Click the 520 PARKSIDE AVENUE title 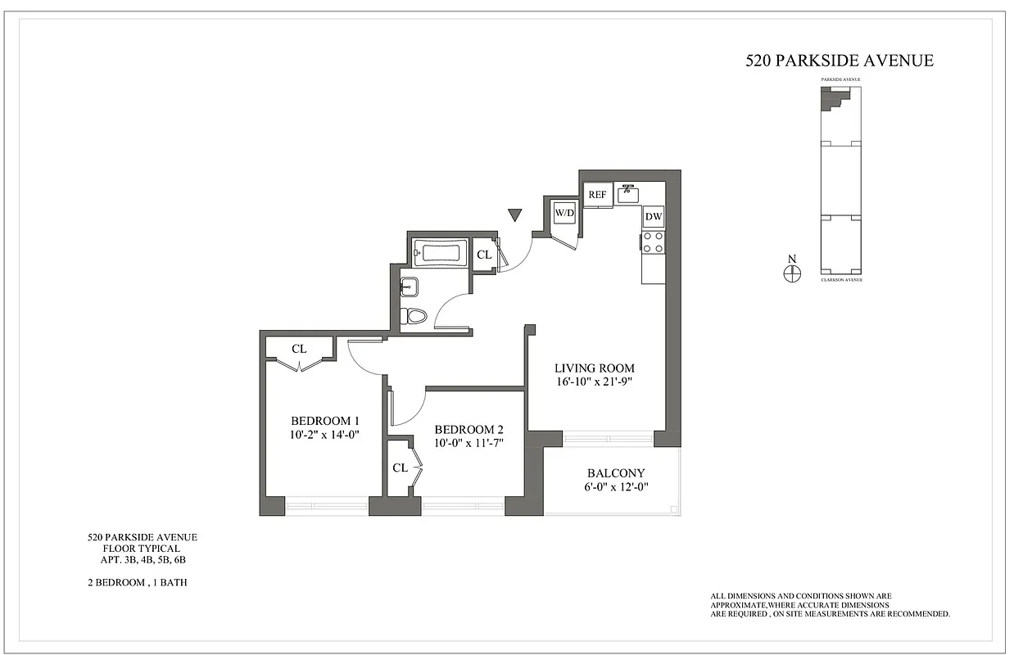(840, 61)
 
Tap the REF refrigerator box (597, 195)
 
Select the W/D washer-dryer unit (564, 214)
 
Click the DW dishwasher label (653, 217)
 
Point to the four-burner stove (653, 242)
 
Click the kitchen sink (629, 193)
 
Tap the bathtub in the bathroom (441, 253)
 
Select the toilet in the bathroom (415, 315)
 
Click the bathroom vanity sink (409, 287)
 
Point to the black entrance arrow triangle (514, 215)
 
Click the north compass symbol (791, 274)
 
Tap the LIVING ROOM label (594, 368)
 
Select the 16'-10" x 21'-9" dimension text (594, 382)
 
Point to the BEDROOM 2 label (469, 430)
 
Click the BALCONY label (616, 473)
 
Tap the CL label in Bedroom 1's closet (299, 349)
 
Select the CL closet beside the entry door (484, 255)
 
